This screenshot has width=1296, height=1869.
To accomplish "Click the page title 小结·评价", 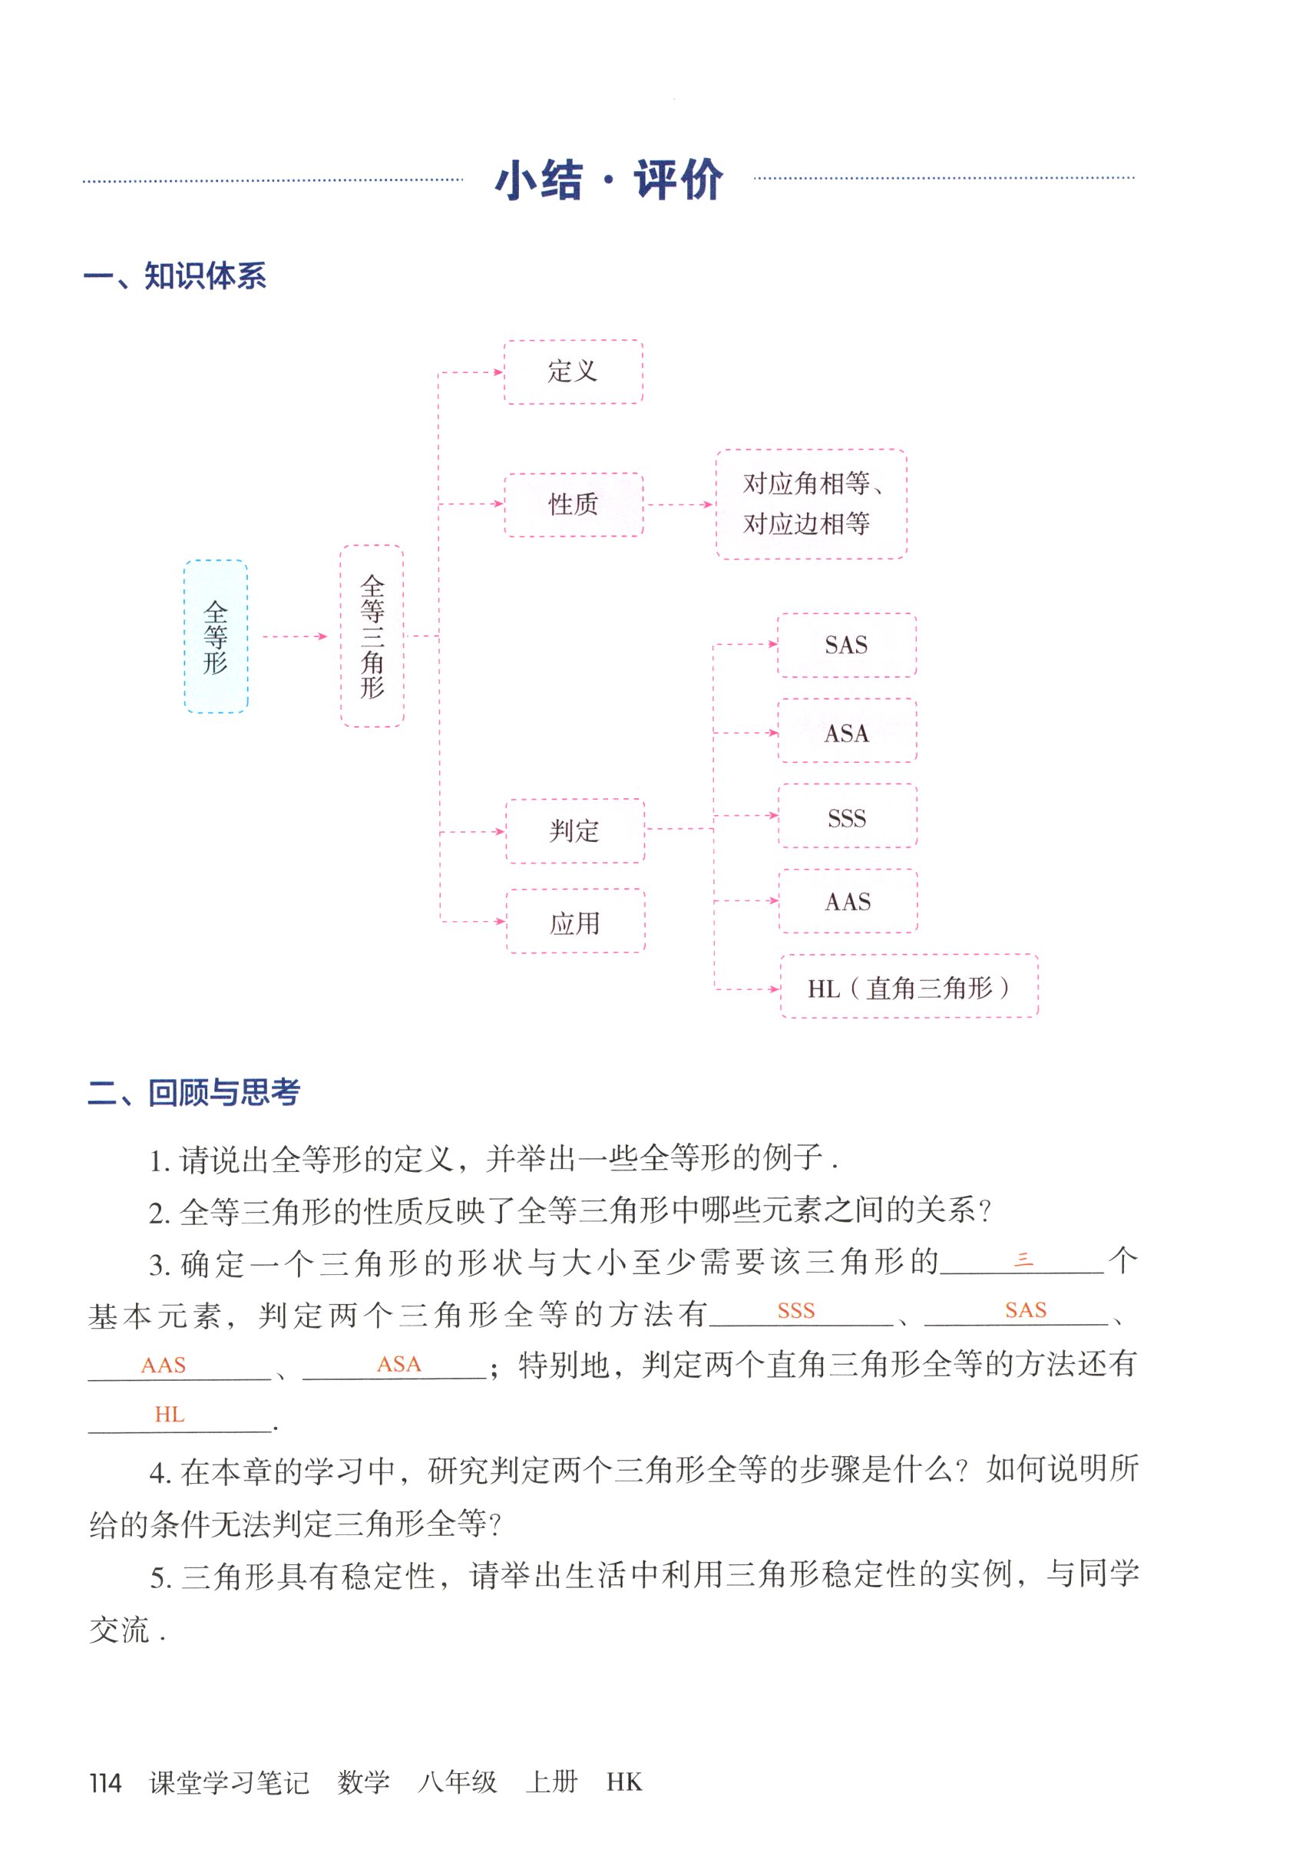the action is pyautogui.click(x=608, y=180).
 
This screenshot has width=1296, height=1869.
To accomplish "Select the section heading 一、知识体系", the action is pyautogui.click(x=174, y=277).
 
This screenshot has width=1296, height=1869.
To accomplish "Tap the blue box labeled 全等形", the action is pyautogui.click(x=215, y=637).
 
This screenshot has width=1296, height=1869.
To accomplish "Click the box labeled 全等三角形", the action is pyautogui.click(x=372, y=636).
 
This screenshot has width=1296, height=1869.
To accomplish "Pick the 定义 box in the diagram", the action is pyautogui.click(x=573, y=371).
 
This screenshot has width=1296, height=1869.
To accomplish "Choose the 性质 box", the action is pyautogui.click(x=574, y=504).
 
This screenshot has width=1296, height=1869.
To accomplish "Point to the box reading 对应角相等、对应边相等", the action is pyautogui.click(x=811, y=504).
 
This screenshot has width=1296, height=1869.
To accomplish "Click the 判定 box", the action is pyautogui.click(x=575, y=831).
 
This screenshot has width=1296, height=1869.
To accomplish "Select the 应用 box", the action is pyautogui.click(x=575, y=923).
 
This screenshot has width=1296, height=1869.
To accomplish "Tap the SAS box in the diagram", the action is pyautogui.click(x=846, y=646).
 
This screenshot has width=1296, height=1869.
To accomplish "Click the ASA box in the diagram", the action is pyautogui.click(x=847, y=733).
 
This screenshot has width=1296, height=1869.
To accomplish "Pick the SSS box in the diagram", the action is pyautogui.click(x=847, y=817).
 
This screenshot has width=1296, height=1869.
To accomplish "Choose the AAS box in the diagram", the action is pyautogui.click(x=848, y=902).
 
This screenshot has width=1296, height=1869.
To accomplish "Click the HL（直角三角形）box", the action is pyautogui.click(x=909, y=988).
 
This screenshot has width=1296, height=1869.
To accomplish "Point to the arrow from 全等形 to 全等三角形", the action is pyautogui.click(x=294, y=637).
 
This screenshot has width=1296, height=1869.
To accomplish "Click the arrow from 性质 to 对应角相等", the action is pyautogui.click(x=679, y=505).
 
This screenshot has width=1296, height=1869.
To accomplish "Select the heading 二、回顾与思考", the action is pyautogui.click(x=193, y=1092).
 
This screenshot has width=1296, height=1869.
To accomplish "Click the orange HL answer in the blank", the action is pyautogui.click(x=170, y=1415).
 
